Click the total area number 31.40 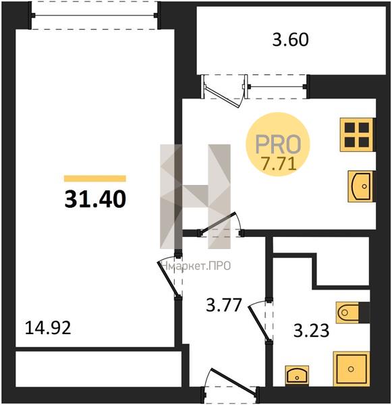pyautogui.click(x=95, y=200)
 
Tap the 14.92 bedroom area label pyautogui.click(x=48, y=329)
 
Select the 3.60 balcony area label pyautogui.click(x=291, y=40)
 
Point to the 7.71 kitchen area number pyautogui.click(x=279, y=164)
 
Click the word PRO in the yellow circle pyautogui.click(x=279, y=144)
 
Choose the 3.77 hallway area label pyautogui.click(x=223, y=305)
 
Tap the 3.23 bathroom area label pyautogui.click(x=311, y=331)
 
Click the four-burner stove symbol pyautogui.click(x=357, y=134)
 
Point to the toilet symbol pyautogui.click(x=347, y=313)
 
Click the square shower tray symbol pyautogui.click(x=352, y=369)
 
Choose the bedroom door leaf pyautogui.click(x=168, y=279)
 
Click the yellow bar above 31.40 pyautogui.click(x=95, y=178)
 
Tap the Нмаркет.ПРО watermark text pyautogui.click(x=196, y=266)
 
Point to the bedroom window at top pyautogui.click(x=94, y=16)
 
